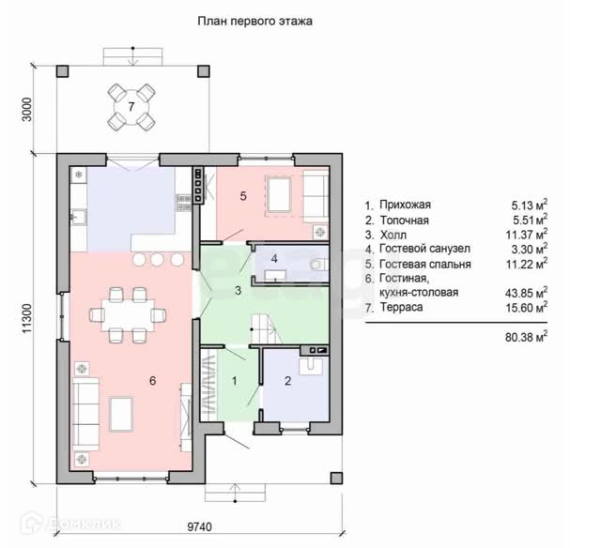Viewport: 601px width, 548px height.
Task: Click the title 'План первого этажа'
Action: (x=254, y=21)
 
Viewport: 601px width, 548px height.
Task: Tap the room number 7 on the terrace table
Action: (x=131, y=106)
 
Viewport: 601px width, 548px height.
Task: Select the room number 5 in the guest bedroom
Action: (x=243, y=196)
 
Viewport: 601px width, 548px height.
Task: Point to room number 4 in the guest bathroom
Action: (x=274, y=259)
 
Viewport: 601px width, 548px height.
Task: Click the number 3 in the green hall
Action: (x=238, y=290)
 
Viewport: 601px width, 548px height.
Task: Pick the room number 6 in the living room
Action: (x=152, y=381)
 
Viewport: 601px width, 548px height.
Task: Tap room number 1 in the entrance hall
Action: (x=235, y=381)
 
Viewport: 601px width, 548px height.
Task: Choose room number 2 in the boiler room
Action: (x=288, y=381)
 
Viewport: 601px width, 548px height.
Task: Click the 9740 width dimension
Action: (x=199, y=527)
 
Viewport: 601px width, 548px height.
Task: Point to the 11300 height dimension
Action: (x=26, y=318)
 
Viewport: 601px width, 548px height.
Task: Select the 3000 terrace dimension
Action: (x=26, y=110)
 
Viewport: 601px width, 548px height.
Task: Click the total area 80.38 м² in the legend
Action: (x=526, y=337)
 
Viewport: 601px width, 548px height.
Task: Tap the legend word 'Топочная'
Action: (x=405, y=221)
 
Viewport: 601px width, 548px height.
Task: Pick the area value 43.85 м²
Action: (x=526, y=293)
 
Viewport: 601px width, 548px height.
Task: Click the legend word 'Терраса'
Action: (x=401, y=307)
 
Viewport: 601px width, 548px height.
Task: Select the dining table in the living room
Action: (x=128, y=315)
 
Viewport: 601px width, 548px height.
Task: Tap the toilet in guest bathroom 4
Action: (x=317, y=264)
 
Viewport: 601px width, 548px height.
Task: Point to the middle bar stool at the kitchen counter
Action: (x=157, y=260)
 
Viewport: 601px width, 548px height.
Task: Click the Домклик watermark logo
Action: (x=71, y=523)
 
